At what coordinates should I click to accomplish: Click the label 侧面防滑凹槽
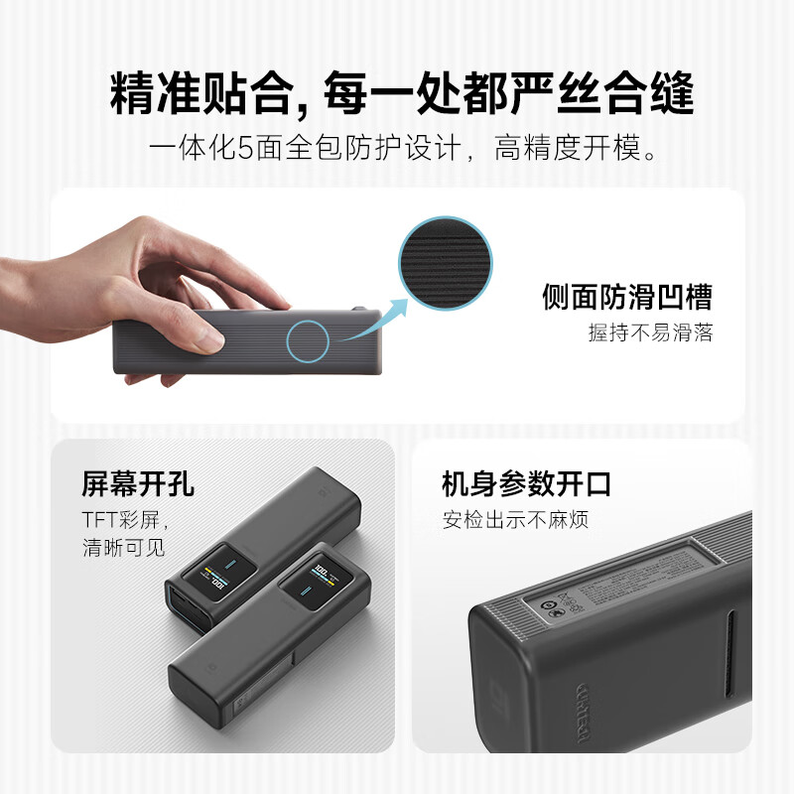[x=626, y=296]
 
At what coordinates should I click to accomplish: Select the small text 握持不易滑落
[x=650, y=332]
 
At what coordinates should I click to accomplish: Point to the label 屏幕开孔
[x=138, y=484]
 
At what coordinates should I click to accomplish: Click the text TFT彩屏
[x=125, y=519]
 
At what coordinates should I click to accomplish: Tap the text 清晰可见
[x=124, y=546]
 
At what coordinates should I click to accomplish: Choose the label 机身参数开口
[x=526, y=484]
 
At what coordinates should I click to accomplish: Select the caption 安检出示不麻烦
[x=515, y=519]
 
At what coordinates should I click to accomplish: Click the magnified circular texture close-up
[x=445, y=264]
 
